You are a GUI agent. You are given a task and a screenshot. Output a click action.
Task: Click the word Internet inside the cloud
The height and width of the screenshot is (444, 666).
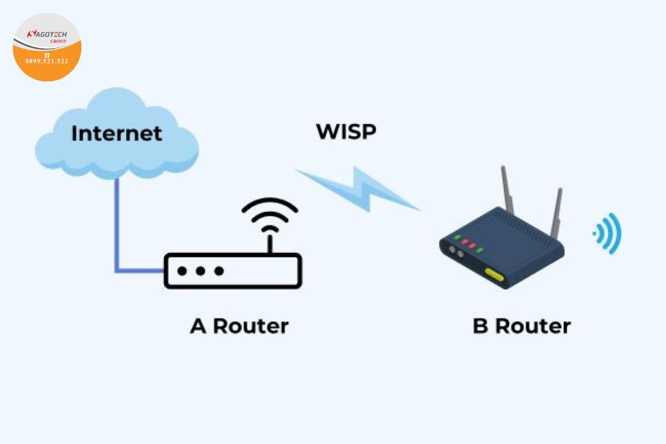point(116,133)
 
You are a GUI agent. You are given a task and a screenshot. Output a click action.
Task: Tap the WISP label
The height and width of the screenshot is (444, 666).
point(346,131)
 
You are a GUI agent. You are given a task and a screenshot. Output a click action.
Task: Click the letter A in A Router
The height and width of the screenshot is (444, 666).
point(198,326)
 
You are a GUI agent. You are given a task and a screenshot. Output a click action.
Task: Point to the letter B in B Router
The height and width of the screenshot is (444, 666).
point(480,326)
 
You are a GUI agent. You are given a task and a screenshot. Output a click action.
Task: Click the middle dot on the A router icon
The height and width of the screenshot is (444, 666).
point(202,270)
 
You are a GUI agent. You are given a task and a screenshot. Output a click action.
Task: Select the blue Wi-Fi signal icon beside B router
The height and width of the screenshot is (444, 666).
point(608,233)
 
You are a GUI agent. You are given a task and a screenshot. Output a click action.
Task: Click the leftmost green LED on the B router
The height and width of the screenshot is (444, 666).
point(457,237)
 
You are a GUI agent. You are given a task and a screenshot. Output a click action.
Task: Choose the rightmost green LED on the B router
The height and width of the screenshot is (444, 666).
point(481,251)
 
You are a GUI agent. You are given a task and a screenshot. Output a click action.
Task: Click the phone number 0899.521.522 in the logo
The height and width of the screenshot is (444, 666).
point(47,61)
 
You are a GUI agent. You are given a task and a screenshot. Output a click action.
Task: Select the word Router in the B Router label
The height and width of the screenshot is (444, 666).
point(533,326)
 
